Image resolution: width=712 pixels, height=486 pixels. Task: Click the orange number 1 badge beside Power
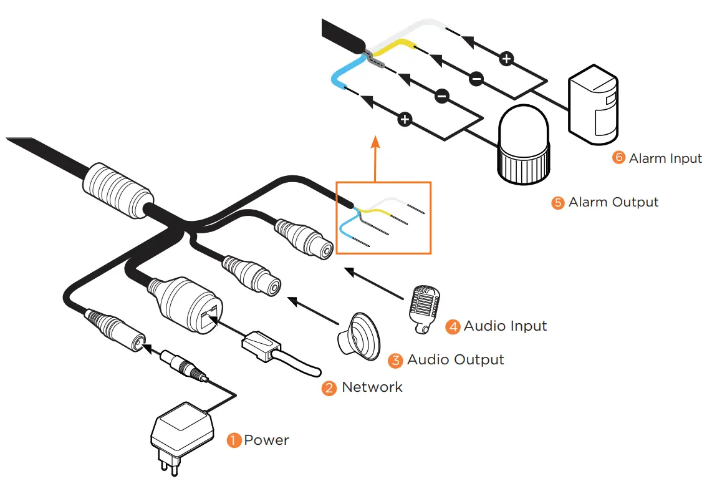pyautogui.click(x=234, y=440)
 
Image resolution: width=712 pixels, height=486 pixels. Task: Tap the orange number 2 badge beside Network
pyautogui.click(x=329, y=387)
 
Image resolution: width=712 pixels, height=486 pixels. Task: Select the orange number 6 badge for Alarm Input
pyautogui.click(x=618, y=158)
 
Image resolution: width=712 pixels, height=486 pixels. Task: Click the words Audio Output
pyautogui.click(x=455, y=360)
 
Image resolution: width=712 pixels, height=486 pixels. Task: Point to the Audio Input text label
pyautogui.click(x=505, y=326)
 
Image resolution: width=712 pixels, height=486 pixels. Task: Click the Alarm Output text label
pyautogui.click(x=613, y=202)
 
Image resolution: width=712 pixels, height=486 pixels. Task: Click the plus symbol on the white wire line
pyautogui.click(x=507, y=59)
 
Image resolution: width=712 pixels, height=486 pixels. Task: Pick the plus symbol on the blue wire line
pyautogui.click(x=405, y=119)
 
